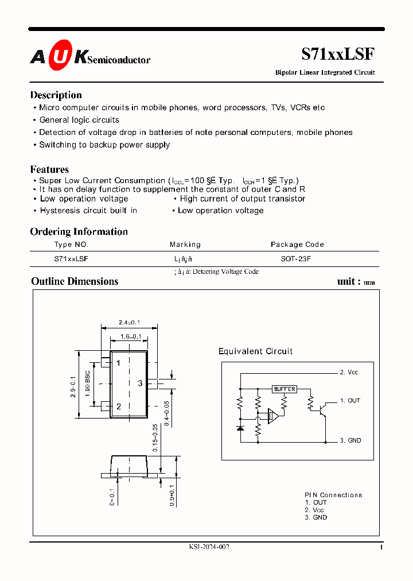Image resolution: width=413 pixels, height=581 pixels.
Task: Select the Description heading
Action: pyautogui.click(x=56, y=95)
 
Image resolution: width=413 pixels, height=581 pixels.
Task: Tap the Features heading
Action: pyautogui.click(x=49, y=169)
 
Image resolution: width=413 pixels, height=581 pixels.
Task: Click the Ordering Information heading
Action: pyautogui.click(x=79, y=231)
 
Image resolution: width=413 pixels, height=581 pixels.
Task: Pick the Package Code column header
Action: pyautogui.click(x=297, y=245)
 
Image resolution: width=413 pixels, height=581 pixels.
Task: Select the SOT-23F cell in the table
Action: pyautogui.click(x=295, y=259)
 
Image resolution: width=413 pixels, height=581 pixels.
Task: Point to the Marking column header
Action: pyautogui.click(x=185, y=245)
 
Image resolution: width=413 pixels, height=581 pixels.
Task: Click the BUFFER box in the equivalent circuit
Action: pyautogui.click(x=284, y=389)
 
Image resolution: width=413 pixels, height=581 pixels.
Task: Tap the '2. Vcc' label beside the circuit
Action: pyautogui.click(x=349, y=373)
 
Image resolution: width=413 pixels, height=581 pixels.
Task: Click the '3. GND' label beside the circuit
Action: pyautogui.click(x=350, y=440)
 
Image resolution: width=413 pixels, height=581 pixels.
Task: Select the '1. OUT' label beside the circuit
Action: pyautogui.click(x=350, y=401)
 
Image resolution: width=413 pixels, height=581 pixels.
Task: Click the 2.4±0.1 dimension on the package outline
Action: pyautogui.click(x=129, y=322)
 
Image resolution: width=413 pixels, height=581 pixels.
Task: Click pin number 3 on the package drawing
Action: pyautogui.click(x=140, y=383)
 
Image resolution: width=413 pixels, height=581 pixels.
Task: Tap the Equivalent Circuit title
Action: pyautogui.click(x=255, y=351)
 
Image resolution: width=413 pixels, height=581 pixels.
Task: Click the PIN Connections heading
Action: pyautogui.click(x=333, y=495)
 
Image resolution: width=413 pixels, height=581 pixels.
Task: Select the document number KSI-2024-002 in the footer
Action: pyautogui.click(x=209, y=547)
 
